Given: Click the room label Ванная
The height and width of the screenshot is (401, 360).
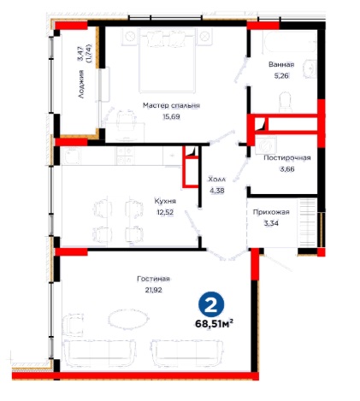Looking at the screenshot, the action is pos(281,64).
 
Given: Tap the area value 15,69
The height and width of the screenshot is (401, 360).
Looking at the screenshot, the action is pos(171,116).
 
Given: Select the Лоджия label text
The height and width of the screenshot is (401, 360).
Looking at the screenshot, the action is pos(81,84).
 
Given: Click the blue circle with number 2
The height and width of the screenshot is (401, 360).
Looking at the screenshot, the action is pos(211,304).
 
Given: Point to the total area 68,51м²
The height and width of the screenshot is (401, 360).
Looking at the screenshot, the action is pos(215,323).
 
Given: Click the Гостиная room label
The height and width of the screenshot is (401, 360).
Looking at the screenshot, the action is pos(153,279).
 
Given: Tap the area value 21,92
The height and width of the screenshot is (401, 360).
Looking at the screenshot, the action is pos(153,290).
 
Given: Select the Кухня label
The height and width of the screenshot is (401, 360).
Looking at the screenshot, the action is pos(165,201).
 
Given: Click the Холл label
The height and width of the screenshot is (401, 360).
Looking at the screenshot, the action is pos(216,180).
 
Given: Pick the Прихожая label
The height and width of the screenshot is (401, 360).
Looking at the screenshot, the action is pos(271,212).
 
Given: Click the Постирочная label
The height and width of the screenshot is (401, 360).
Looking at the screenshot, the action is pos(287,157).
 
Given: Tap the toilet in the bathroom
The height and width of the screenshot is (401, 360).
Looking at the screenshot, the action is pos(286,102).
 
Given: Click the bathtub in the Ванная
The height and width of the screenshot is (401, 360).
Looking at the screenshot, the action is pos(290,42).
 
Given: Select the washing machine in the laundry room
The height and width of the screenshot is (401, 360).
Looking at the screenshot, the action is pos(266,144).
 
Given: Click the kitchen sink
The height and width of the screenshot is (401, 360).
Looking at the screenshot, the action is pos(71,156).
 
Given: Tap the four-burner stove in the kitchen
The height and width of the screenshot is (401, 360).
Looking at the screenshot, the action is pos(125,156).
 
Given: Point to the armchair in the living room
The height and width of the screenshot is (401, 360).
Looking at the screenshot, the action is pos(73,325).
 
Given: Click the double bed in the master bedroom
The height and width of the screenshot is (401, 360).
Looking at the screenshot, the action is pos(168,60).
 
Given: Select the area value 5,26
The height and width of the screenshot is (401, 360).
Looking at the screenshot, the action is pos(281,76).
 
